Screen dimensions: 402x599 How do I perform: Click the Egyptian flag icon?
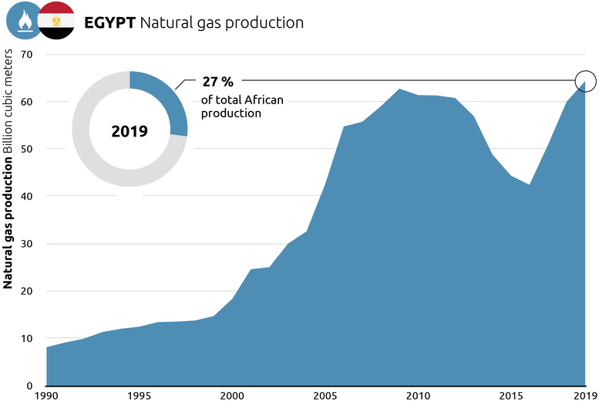point(56,21)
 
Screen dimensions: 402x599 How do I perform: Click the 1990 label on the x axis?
point(46,396)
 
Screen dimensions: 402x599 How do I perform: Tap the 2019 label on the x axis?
point(584,396)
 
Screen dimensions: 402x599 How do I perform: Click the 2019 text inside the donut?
point(130,130)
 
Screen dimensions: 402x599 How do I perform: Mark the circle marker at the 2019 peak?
point(585,79)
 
